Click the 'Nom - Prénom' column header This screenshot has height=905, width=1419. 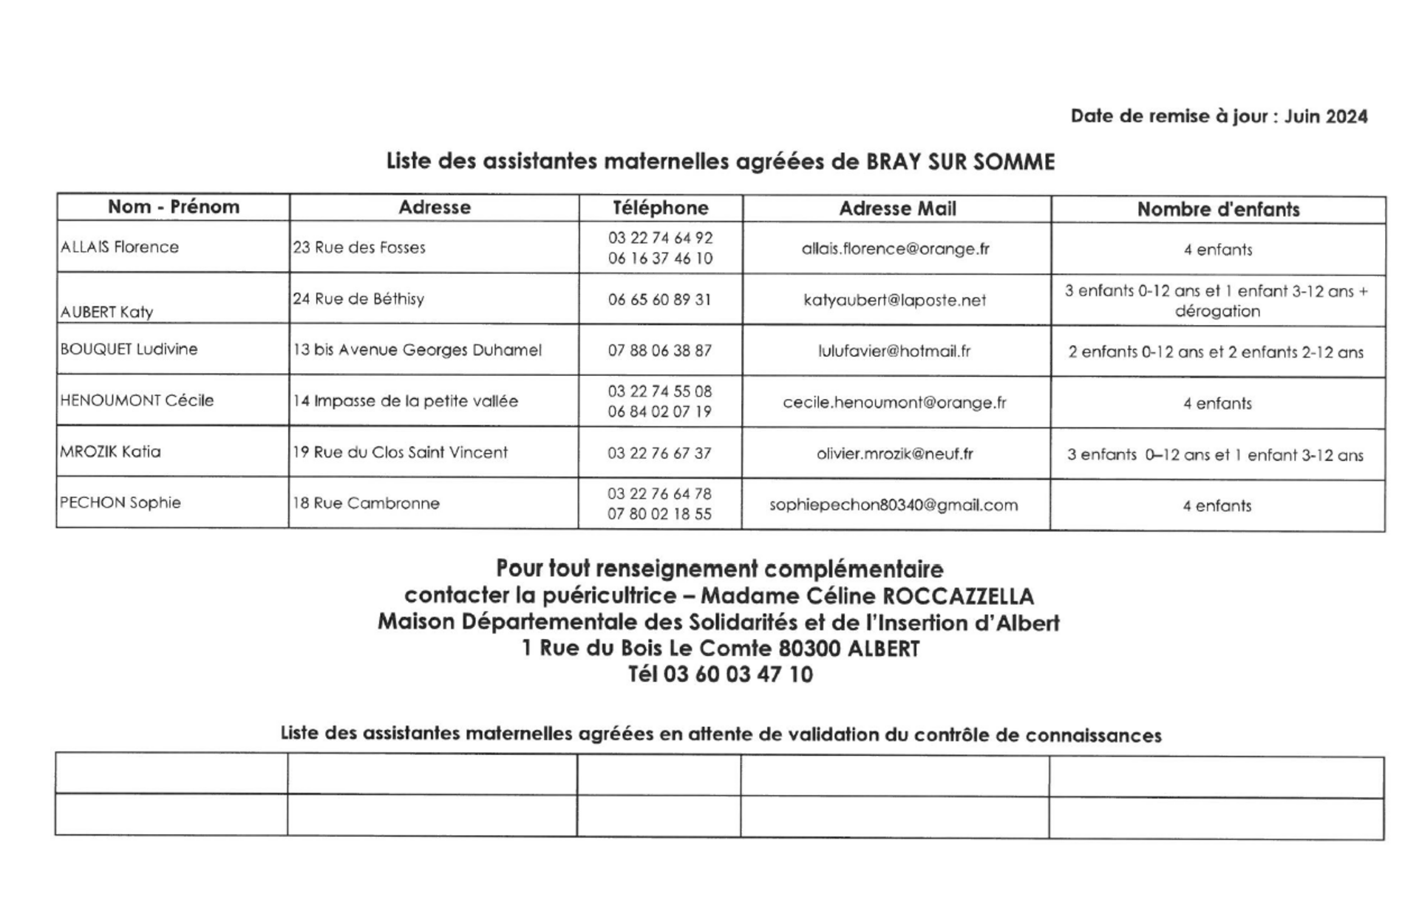point(174,207)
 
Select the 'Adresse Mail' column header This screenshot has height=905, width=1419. point(897,209)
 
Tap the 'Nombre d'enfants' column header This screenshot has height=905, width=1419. point(1218,210)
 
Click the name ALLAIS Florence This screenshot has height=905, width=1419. point(120,247)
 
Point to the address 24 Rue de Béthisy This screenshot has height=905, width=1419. point(358,298)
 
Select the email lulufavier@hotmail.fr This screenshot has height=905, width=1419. point(894,351)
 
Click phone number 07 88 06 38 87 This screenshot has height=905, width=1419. point(660,351)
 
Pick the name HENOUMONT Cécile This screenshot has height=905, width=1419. point(137,400)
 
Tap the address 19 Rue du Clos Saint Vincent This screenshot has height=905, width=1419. point(401,452)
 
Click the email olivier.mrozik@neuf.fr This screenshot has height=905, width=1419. point(895,454)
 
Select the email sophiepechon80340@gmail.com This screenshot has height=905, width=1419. point(894,505)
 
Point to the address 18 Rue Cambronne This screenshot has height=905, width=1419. point(366,503)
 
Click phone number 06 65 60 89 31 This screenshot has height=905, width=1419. point(660,299)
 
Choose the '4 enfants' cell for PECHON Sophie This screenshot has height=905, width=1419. point(1217,506)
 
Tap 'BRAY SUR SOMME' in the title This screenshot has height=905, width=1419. point(960,162)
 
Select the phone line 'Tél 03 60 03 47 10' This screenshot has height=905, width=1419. point(721,675)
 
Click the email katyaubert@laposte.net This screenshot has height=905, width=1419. point(895,300)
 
